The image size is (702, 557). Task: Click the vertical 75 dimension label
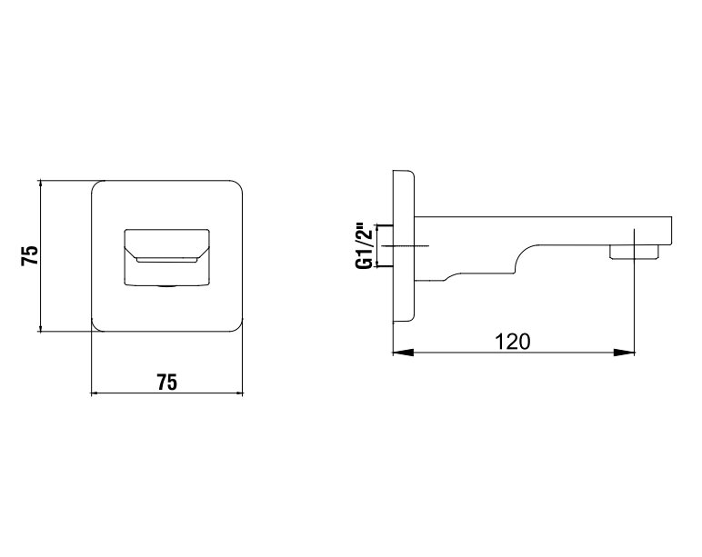point(29,256)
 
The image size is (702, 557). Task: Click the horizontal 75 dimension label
point(166,383)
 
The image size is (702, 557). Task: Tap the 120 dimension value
point(512,342)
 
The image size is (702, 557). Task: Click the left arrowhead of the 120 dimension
point(403,353)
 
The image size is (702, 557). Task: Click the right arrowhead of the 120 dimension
point(625,353)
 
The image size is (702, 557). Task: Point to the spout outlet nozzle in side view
point(635,252)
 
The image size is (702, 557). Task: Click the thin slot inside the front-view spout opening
point(167,260)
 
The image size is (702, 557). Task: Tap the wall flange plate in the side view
point(404,246)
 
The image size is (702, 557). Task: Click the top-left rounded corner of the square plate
point(95,184)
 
